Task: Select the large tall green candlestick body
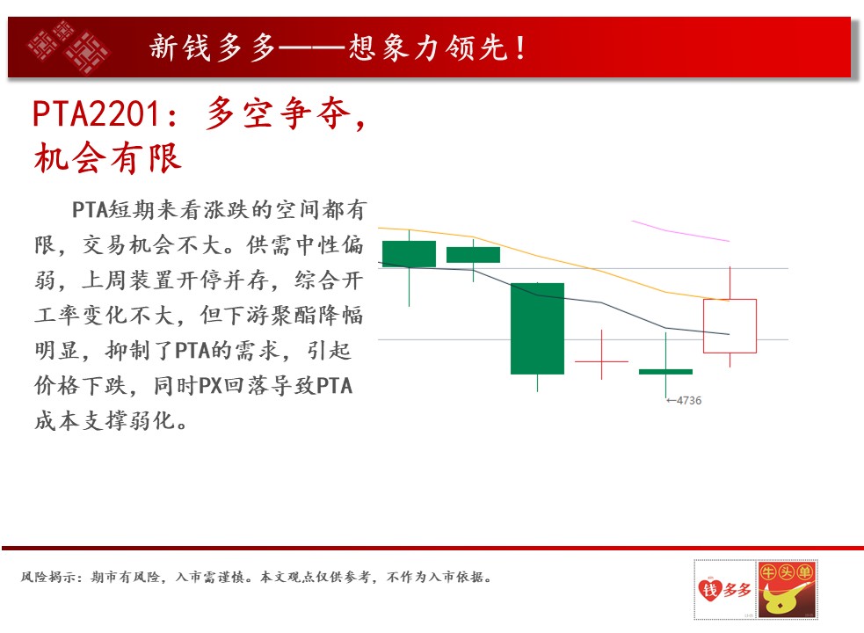(537, 329)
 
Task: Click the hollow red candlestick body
(730, 326)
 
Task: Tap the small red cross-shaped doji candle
(601, 361)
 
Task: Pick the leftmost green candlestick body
(409, 254)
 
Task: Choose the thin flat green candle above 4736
(665, 372)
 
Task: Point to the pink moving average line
(680, 231)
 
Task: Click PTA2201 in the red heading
(96, 114)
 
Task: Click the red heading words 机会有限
(107, 157)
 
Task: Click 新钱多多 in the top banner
(212, 47)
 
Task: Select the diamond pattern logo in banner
(69, 47)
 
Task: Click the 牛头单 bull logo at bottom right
(787, 589)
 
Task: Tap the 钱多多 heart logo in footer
(724, 589)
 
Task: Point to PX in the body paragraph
(209, 385)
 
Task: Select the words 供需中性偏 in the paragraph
(305, 244)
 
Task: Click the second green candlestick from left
(473, 255)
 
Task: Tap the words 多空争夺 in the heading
(279, 113)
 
